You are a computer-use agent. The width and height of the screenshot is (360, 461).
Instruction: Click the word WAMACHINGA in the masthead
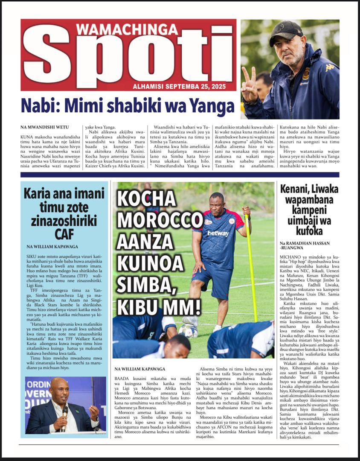coord(127,29)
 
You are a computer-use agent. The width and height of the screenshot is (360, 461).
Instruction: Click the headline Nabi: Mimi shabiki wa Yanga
coord(128,106)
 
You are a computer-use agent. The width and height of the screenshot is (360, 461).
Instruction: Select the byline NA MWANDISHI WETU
coord(44,127)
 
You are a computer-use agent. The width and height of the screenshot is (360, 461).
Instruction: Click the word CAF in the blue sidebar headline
coord(64,234)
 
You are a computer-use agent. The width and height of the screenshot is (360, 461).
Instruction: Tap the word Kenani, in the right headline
coord(295,188)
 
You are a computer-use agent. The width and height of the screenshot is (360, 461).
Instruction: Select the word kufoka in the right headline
coord(309,231)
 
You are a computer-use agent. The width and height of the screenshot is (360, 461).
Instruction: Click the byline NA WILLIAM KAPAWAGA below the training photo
coord(141,368)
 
